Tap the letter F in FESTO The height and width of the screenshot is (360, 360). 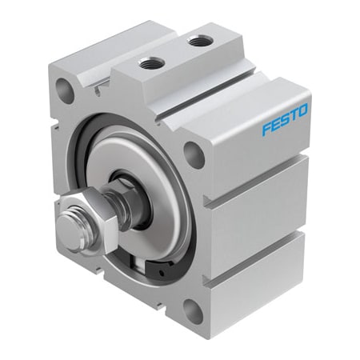[266, 128]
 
